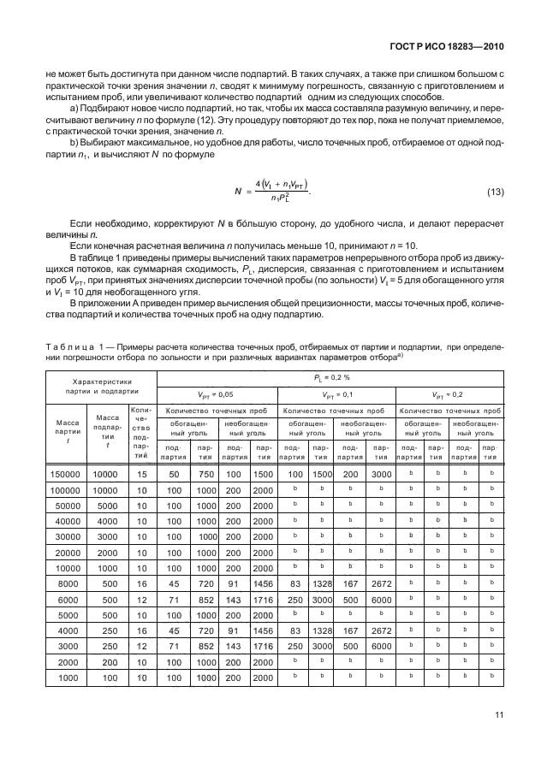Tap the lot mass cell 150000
[65, 474]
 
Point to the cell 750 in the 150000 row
[205, 474]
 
